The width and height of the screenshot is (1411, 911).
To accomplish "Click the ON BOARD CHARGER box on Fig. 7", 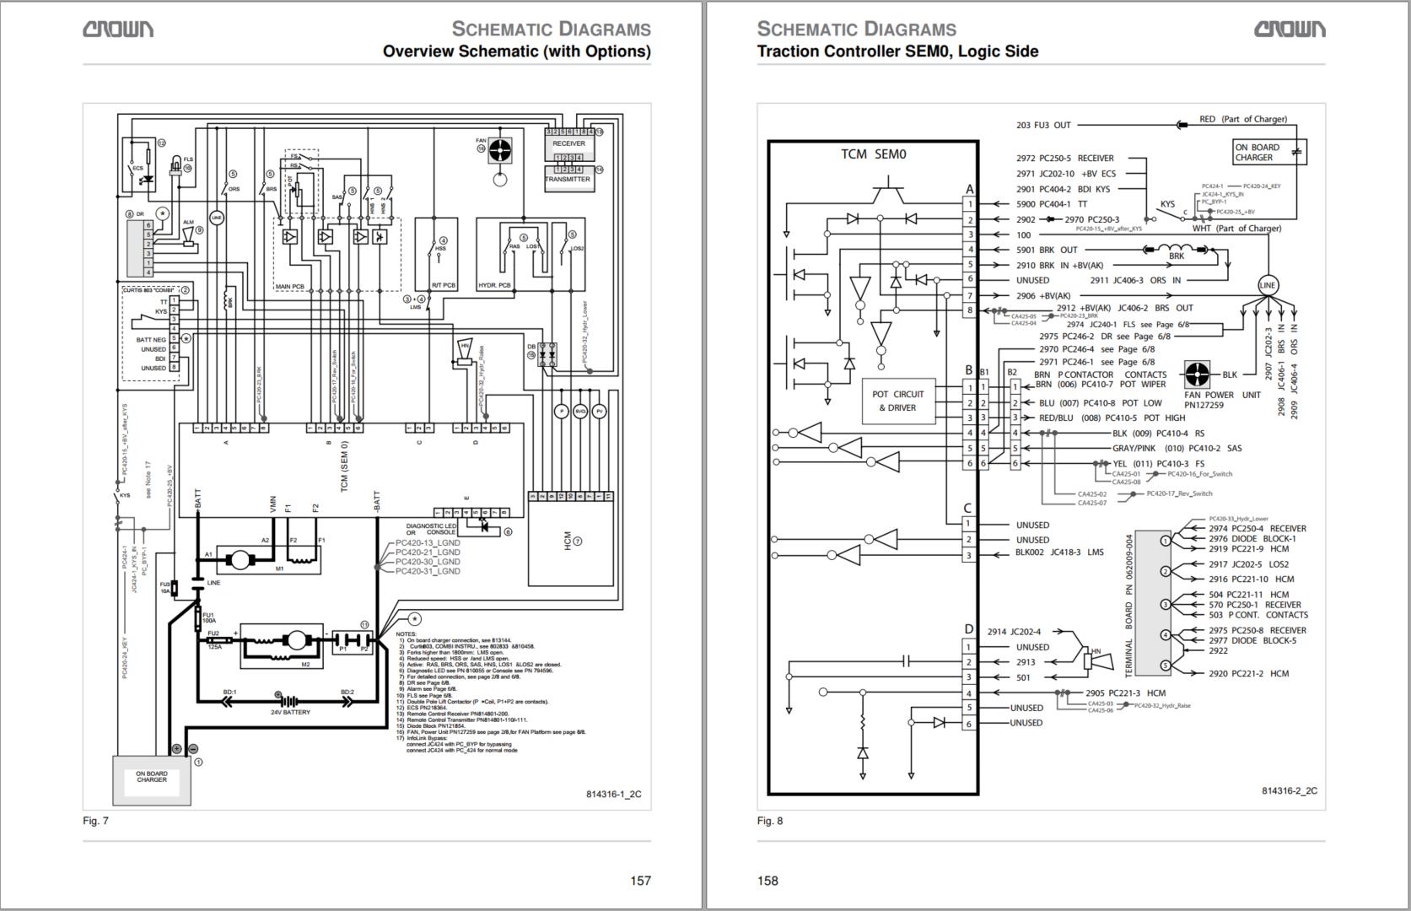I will point(152,779).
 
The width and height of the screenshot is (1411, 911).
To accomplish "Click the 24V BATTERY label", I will point(290,713).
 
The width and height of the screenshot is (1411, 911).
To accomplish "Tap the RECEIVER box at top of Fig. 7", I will point(568,143).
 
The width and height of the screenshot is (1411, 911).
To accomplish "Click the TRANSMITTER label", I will point(568,180).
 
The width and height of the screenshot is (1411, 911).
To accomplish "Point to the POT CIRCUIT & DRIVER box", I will point(897,402).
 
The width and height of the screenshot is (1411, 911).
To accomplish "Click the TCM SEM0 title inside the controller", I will point(873,154).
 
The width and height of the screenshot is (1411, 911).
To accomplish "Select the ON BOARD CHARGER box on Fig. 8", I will point(1259,153).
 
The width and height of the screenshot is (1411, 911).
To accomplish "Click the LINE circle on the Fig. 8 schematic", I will point(1268,285).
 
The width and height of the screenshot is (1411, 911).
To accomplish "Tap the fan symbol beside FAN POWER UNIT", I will point(1197,375).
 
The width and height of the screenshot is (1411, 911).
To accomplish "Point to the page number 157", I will point(640,881).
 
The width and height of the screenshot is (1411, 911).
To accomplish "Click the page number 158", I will point(767,881).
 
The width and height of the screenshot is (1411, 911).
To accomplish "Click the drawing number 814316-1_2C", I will point(613,794).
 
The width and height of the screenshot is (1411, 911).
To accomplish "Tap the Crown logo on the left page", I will point(118,30).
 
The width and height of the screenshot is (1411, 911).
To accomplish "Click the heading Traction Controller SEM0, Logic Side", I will point(897,51).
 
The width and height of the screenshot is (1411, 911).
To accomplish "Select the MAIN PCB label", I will point(289,287).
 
